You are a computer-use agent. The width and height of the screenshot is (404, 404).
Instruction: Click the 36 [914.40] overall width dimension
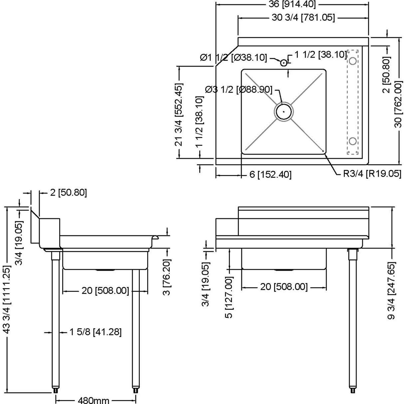point(292,4)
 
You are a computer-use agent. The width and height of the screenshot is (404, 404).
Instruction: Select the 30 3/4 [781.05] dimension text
point(303,18)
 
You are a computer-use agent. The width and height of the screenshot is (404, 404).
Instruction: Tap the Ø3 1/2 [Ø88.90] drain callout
point(239,90)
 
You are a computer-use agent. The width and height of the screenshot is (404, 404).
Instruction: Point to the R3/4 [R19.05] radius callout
point(372,174)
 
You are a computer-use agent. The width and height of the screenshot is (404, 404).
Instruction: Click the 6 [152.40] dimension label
point(270,174)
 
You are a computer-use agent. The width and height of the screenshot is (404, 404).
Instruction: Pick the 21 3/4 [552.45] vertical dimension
point(179,115)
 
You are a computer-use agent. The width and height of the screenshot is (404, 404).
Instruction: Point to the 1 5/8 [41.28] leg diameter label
point(95,332)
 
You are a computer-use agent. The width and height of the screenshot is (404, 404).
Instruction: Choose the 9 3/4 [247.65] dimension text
point(392,290)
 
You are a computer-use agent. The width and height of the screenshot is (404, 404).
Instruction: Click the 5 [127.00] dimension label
point(229,297)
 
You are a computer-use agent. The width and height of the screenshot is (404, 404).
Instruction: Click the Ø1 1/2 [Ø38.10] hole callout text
point(233,58)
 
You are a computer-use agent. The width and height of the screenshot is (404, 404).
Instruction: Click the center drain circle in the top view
point(284,112)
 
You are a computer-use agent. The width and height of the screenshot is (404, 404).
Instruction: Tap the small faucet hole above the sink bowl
point(284,63)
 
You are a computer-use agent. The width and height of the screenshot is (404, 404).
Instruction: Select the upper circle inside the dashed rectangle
point(353,61)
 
